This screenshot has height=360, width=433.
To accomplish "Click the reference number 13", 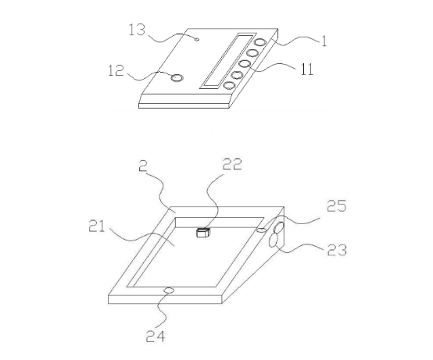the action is click(x=137, y=30).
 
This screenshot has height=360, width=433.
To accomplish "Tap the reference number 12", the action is click(x=116, y=70).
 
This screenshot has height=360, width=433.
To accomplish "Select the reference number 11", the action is click(x=307, y=70).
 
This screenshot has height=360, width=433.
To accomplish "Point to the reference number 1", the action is click(x=324, y=41).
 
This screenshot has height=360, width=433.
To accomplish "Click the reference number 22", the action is click(x=232, y=164).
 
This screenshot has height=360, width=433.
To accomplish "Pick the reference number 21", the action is click(x=96, y=226).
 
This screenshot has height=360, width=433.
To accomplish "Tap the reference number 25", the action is click(x=336, y=206).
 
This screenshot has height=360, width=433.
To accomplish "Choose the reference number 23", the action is click(x=337, y=250).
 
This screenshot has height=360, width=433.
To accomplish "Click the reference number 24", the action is click(x=156, y=337).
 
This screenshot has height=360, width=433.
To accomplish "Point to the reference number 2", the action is click(x=143, y=166).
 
